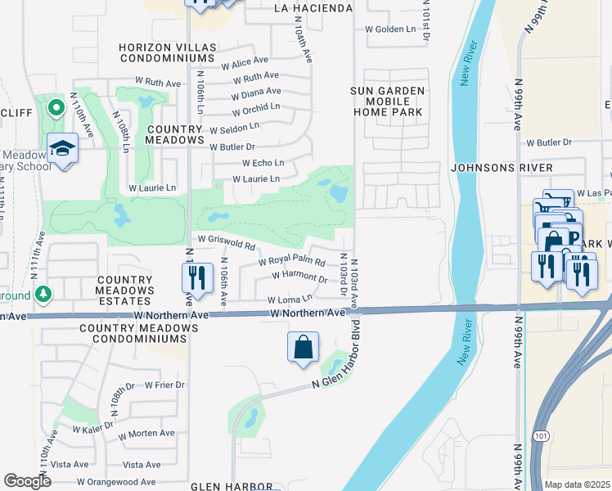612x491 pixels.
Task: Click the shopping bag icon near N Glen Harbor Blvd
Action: [x=303, y=346]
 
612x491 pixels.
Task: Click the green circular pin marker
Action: [x=56, y=107]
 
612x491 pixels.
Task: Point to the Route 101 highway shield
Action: [x=542, y=433]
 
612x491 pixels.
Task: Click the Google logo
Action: [x=27, y=481]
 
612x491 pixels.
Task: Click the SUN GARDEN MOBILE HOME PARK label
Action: [x=388, y=101]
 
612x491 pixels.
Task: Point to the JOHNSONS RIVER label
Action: [x=502, y=168]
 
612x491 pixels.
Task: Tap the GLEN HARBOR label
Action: [x=232, y=486]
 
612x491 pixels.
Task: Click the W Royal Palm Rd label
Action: [x=292, y=263]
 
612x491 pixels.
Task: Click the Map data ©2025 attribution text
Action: [x=577, y=484]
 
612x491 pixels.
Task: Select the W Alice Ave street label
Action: [x=244, y=61]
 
